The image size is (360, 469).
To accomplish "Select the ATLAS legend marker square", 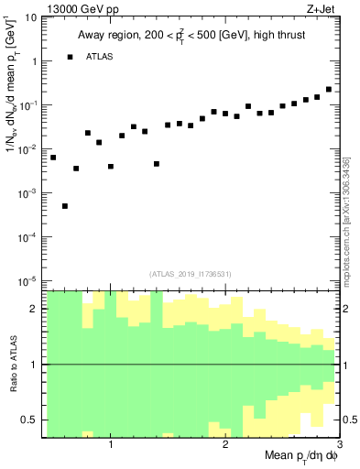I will pos(71,57).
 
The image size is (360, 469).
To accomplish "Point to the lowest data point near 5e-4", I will pos(65,206).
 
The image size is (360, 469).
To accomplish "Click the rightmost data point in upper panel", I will pos(329,90).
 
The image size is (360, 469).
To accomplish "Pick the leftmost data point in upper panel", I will pos(53,158).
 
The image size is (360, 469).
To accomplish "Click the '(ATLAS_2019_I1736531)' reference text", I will pos(191,273).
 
